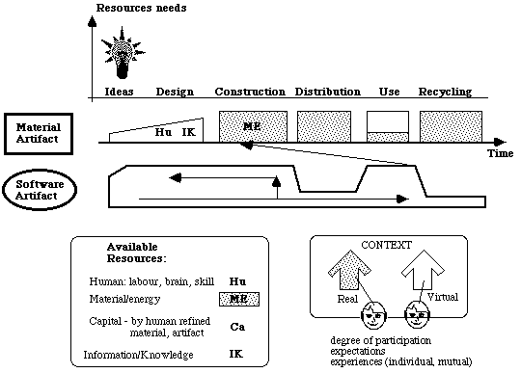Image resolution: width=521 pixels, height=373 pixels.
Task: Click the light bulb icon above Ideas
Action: coord(123,53)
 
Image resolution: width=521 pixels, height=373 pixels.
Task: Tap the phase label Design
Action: coord(175,92)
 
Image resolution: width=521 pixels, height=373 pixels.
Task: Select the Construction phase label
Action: coord(250,92)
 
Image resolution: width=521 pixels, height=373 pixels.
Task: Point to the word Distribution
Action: coord(328,92)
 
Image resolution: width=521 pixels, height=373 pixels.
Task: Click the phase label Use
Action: coord(389,92)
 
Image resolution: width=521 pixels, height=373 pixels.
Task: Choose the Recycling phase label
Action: coord(445,92)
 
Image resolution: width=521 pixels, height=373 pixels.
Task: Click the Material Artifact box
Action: coord(39,134)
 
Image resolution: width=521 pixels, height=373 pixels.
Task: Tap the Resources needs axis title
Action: coord(141,8)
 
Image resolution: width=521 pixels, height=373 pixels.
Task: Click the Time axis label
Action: coord(500,153)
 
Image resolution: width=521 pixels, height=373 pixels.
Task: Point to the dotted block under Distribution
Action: coord(324,127)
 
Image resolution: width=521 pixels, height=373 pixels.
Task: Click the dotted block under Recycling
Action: coord(451,127)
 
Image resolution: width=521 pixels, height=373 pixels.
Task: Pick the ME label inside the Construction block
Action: coord(252,126)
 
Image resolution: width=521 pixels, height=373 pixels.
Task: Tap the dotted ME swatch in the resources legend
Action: coord(239,299)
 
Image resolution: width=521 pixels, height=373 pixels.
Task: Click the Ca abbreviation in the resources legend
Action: coord(237,327)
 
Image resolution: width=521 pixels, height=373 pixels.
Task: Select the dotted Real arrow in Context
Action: coord(349,270)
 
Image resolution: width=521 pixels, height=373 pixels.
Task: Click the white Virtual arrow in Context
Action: coord(423,270)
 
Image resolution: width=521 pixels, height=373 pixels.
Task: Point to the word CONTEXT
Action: coord(387,245)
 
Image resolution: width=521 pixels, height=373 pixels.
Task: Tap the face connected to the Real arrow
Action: coord(373,315)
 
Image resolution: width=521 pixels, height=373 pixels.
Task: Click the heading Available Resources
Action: coord(136,253)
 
